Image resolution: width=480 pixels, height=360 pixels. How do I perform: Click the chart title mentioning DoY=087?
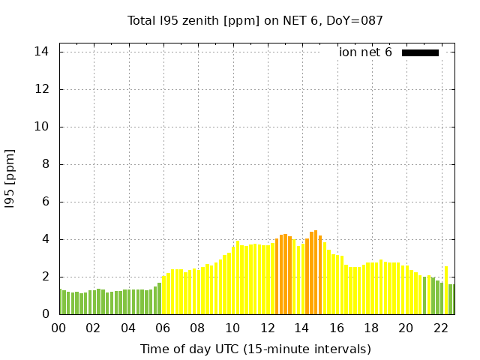[255, 20]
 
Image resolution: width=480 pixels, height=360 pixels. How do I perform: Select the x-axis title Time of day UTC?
[255, 349]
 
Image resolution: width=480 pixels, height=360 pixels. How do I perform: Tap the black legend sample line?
[420, 52]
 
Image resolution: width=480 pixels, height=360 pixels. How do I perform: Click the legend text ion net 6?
[365, 52]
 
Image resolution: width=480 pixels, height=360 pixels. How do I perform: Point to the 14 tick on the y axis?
[42, 52]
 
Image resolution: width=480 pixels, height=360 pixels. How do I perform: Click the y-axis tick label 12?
[42, 89]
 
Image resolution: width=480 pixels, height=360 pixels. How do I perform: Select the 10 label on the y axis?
[42, 127]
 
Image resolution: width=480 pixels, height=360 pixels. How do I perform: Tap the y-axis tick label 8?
[46, 164]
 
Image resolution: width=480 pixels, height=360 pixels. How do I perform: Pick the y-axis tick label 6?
[46, 202]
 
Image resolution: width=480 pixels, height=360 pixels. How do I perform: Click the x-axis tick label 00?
[59, 328]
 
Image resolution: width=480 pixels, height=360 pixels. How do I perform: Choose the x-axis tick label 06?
[163, 328]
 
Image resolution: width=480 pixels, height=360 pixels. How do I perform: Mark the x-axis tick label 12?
[267, 328]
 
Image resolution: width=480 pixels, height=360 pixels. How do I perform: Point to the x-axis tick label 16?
[336, 328]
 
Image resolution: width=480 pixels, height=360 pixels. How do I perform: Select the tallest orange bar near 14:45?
[316, 273]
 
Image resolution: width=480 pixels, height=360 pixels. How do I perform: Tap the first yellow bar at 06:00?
[163, 295]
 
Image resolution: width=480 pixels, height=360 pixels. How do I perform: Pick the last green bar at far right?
[451, 299]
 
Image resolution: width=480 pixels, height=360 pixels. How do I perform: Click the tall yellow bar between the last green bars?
[446, 291]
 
